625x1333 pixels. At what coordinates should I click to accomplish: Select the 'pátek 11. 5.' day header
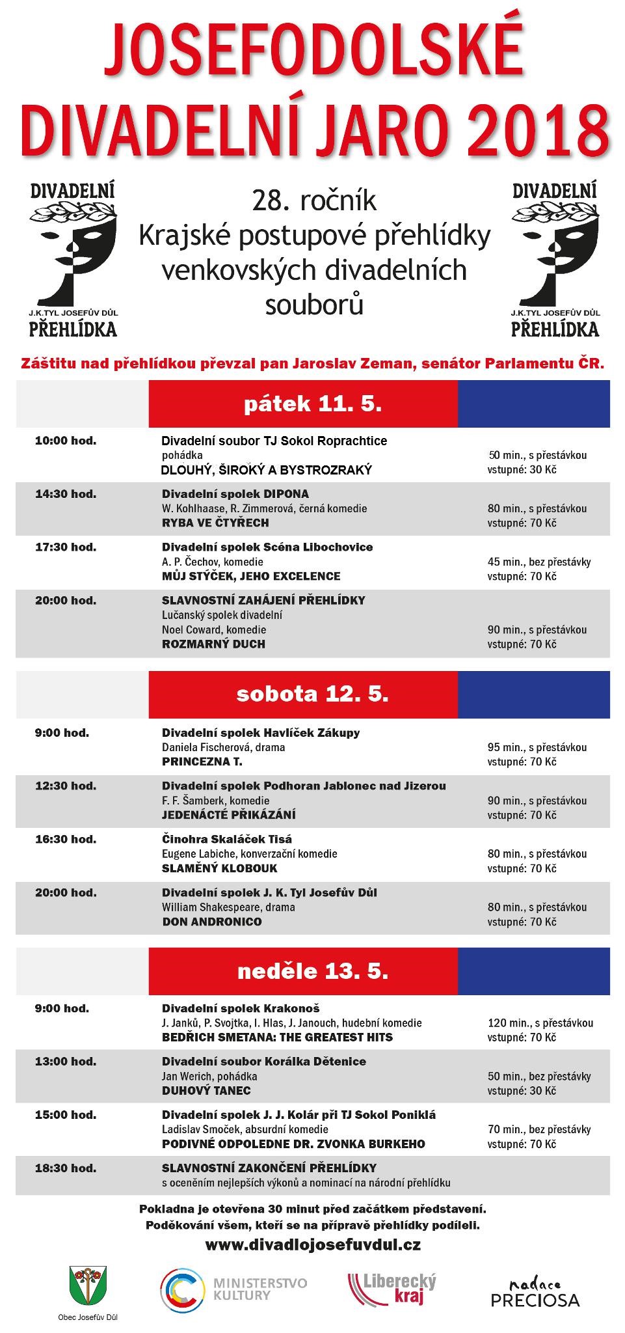click(x=313, y=404)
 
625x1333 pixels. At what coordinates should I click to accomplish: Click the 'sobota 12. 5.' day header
click(x=313, y=694)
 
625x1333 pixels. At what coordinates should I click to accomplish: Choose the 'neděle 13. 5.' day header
click(x=313, y=971)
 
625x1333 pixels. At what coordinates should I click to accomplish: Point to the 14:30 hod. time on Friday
click(x=66, y=494)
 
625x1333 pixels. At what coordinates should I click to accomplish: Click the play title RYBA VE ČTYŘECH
click(x=215, y=523)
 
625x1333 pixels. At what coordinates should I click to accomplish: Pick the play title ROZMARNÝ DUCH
click(x=213, y=644)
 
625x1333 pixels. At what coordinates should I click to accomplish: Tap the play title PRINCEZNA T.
click(x=202, y=761)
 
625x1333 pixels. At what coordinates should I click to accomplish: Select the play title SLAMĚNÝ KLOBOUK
click(x=219, y=868)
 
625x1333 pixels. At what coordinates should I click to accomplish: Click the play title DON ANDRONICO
click(x=212, y=921)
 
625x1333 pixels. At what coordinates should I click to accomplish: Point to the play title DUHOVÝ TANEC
click(x=206, y=1090)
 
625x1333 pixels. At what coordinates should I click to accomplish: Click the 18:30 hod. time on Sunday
click(x=66, y=1168)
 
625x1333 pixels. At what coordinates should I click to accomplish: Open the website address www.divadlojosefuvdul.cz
click(x=313, y=1244)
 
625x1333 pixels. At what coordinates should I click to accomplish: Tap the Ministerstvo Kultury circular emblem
click(x=182, y=1288)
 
